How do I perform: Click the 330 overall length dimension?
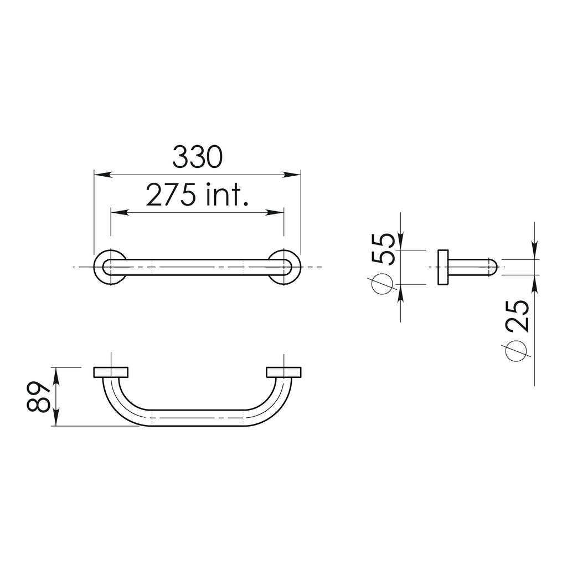[x=197, y=157]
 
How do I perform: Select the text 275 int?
[x=197, y=195]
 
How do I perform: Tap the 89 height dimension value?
[x=38, y=397]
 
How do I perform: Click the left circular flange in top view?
[x=110, y=268]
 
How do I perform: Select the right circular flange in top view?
[x=285, y=268]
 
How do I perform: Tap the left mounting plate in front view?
[x=111, y=372]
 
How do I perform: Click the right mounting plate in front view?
[x=284, y=372]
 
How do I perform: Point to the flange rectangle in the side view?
[x=443, y=268]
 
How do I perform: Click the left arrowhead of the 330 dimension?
[x=100, y=175]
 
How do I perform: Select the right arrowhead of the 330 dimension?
[x=295, y=175]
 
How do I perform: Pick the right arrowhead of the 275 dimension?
[x=278, y=213]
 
